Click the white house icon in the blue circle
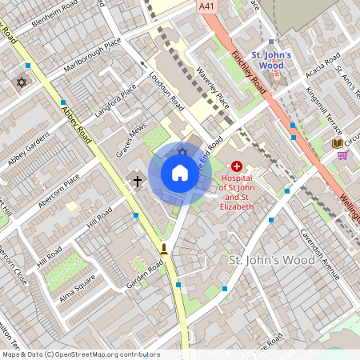pyautogui.click(x=180, y=173)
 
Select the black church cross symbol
pyautogui.click(x=137, y=182)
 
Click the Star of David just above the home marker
pyautogui.click(x=182, y=152)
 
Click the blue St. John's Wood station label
pyautogui.click(x=271, y=59)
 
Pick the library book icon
pyautogui.click(x=338, y=143)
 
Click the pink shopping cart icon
pyautogui.click(x=342, y=155)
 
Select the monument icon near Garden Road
pyautogui.click(x=164, y=249)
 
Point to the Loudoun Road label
pyautogui.click(x=166, y=94)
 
